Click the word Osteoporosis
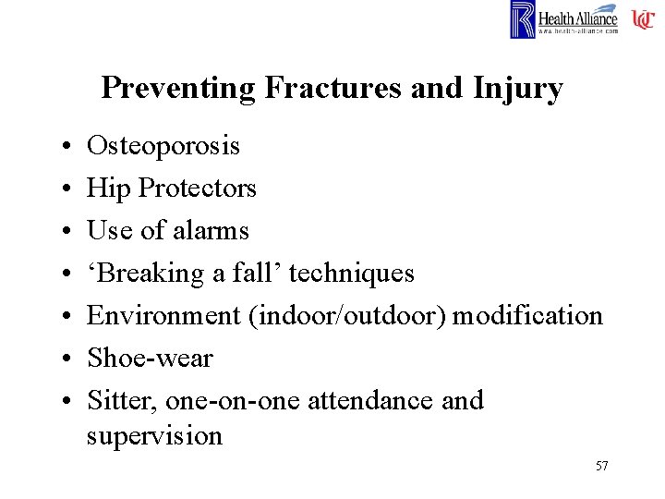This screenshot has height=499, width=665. point(163,146)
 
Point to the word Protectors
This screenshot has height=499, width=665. point(197,189)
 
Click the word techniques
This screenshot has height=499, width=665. point(352,274)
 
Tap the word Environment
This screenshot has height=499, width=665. point(164,315)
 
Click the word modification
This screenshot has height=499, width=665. point(527,315)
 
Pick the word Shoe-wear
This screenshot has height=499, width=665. point(150,358)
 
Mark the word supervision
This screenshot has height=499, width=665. point(154,435)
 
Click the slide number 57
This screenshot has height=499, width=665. point(601,466)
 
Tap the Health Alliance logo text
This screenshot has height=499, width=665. point(578,18)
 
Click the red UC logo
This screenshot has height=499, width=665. point(643,18)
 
